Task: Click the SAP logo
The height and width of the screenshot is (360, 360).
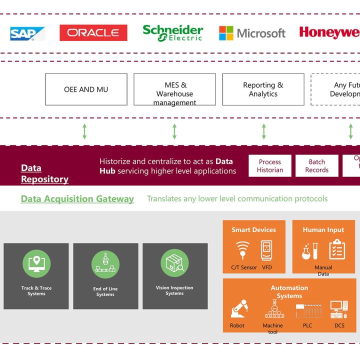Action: click(x=27, y=33)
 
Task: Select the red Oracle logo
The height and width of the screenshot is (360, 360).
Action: click(x=93, y=33)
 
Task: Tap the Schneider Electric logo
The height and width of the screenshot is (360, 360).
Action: click(x=172, y=33)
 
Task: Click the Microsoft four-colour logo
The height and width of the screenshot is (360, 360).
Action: click(x=226, y=33)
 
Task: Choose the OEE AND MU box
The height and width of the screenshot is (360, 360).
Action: click(x=86, y=89)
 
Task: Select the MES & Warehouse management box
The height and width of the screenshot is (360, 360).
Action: click(x=174, y=89)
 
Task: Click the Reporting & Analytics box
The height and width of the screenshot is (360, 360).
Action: click(x=263, y=89)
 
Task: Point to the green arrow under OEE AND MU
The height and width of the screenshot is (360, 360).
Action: click(x=84, y=131)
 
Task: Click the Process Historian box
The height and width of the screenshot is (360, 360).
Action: click(x=270, y=166)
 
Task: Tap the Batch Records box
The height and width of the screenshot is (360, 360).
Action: click(x=316, y=166)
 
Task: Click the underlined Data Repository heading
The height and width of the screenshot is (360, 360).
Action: click(x=44, y=173)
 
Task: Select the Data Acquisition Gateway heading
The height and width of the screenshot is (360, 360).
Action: click(x=77, y=199)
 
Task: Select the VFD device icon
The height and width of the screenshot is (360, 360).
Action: click(x=266, y=249)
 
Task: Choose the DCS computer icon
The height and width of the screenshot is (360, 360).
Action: click(x=339, y=310)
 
